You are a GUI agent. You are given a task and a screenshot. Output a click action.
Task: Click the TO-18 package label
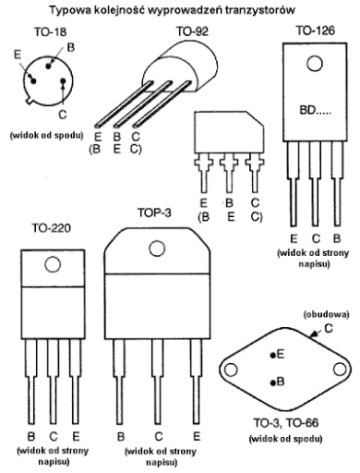tap(50, 31)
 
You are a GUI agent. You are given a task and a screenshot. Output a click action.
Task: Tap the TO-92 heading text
tap(192, 31)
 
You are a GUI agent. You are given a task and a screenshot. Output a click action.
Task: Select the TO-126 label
tap(315, 30)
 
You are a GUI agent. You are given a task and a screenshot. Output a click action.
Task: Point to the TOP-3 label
tap(154, 212)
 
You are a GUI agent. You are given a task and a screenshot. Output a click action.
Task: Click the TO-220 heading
tap(52, 228)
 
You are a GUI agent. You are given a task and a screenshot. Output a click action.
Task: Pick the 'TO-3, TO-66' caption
tap(286, 423)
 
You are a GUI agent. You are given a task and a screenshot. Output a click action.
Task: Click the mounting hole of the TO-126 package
tap(315, 64)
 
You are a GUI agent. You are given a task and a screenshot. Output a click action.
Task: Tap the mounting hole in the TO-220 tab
tap(53, 264)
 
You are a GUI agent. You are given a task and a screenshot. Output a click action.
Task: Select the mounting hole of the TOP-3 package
tap(157, 249)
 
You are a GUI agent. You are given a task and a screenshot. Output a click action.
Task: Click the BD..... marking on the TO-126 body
tap(316, 110)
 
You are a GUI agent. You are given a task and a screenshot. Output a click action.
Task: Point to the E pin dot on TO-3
tap(272, 356)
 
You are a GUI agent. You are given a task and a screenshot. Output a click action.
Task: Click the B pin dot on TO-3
tap(272, 383)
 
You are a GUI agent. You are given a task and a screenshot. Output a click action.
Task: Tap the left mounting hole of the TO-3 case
tap(231, 370)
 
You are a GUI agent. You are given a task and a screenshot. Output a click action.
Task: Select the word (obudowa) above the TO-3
tap(326, 315)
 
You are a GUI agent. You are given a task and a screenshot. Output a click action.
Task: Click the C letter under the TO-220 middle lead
tap(54, 436)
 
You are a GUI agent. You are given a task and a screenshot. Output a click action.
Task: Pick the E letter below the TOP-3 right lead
tap(197, 436)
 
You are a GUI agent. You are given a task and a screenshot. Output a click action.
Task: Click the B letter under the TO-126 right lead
tap(337, 238)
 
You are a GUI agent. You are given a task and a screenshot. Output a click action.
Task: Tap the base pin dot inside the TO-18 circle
tap(48, 67)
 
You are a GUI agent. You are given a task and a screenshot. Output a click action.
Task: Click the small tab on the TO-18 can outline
tap(30, 101)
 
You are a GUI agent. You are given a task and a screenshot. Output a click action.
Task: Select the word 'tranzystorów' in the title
tap(260, 10)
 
